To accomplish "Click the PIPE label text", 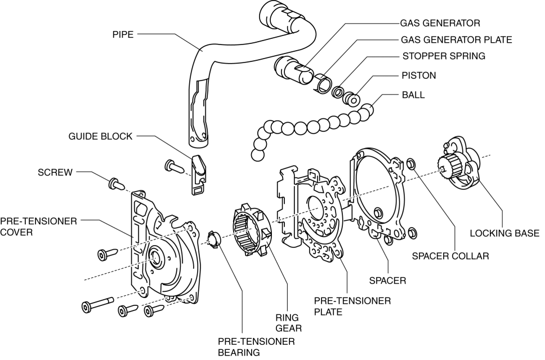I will pos(123,35).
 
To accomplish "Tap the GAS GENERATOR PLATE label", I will pos(456,40).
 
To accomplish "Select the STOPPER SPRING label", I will pos(444,56).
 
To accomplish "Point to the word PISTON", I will pos(418,75).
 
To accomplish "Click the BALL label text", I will pos(413,95).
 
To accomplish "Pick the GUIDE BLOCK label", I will pos(100,136).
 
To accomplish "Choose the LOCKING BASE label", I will pos(504,233).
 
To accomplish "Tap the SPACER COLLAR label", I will pos(450,255).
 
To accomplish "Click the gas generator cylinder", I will pos(292,71).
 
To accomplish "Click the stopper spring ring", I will pos(339,92).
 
